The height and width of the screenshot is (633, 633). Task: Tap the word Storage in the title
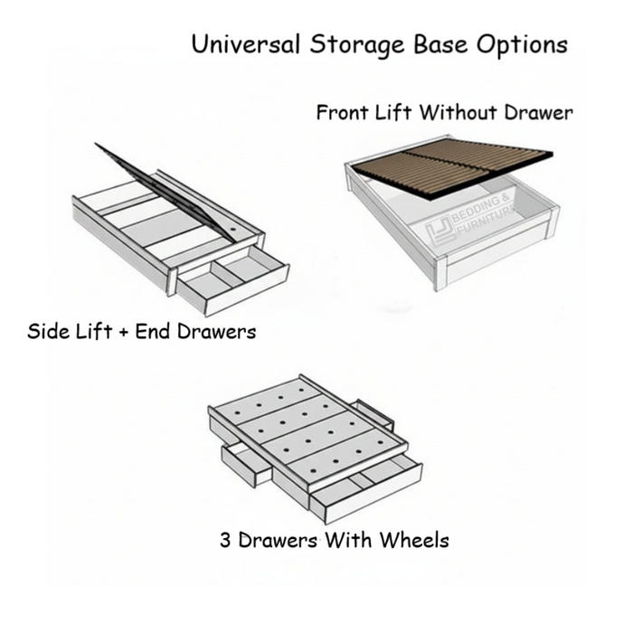pos(357,45)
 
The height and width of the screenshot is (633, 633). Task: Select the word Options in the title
pos(522,45)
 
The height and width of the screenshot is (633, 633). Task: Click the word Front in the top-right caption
pos(343,112)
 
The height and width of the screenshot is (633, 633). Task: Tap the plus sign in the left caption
pos(123,332)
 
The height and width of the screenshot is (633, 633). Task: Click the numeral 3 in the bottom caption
pos(225,540)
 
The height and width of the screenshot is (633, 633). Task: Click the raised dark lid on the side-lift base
pos(165,193)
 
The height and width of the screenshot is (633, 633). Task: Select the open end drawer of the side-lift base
pos(233,280)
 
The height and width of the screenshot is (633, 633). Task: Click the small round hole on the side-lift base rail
pos(233,229)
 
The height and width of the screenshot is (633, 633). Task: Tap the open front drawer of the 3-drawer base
pos(365,487)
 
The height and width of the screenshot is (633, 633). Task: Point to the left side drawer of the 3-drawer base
pos(246,463)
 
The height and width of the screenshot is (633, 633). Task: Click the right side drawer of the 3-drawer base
pos(373,414)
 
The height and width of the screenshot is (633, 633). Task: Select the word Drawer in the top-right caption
pos(539,112)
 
